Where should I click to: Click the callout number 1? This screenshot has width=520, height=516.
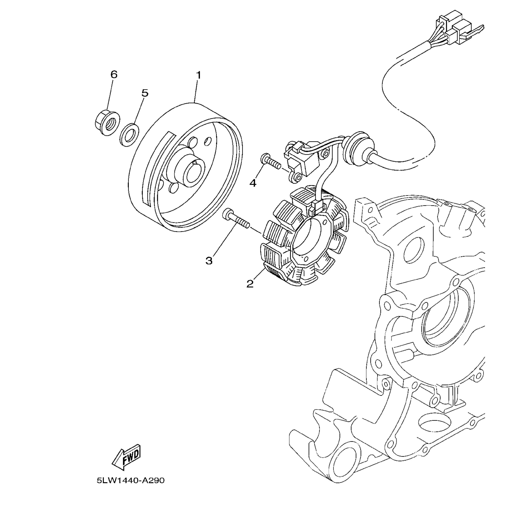(x=198, y=75)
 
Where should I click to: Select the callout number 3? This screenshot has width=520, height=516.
(x=209, y=261)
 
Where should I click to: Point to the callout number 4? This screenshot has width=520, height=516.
(x=253, y=183)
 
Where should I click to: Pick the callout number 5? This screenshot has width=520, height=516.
(x=145, y=93)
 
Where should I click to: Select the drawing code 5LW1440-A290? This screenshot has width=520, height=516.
(x=131, y=480)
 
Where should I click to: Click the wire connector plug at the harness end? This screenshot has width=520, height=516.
(x=458, y=30)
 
